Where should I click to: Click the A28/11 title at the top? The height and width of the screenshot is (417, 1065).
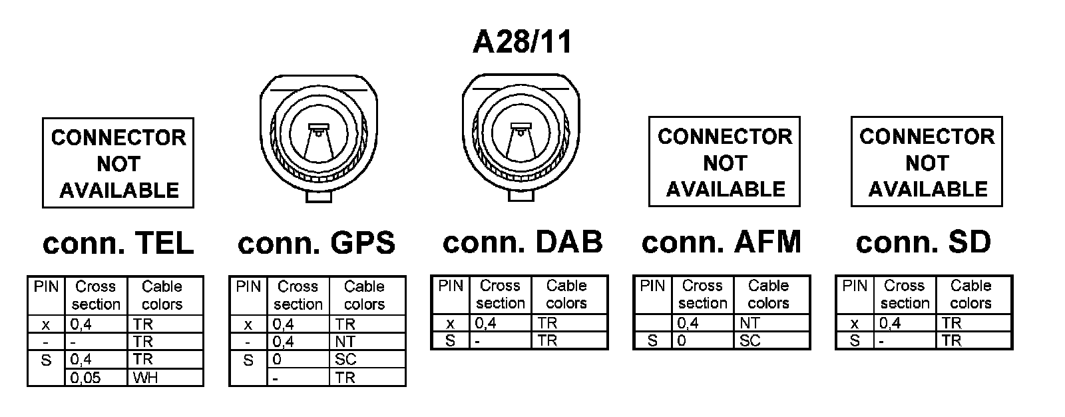522,43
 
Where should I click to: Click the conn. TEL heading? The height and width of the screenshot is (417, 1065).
118,244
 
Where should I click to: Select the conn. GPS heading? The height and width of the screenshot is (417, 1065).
316,243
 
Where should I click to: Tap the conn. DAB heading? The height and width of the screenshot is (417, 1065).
523,242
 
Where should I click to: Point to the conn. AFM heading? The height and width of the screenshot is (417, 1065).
721,242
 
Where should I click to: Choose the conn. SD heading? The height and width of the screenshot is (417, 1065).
923,242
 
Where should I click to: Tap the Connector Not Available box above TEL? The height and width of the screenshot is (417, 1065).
118,163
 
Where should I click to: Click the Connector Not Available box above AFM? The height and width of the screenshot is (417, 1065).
724,162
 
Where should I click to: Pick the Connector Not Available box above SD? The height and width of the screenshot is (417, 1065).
927,162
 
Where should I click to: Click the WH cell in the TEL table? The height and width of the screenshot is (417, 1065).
164,378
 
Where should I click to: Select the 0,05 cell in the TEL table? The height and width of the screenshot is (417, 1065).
97,378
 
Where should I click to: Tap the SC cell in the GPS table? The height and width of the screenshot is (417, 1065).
367,360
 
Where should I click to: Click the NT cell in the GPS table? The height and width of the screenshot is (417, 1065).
367,342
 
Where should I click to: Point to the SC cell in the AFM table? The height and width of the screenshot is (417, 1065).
771,340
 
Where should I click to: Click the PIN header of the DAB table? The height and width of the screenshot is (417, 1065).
451,286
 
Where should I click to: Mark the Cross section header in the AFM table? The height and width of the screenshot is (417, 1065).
702,294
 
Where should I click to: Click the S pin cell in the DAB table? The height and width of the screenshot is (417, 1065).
451,340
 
